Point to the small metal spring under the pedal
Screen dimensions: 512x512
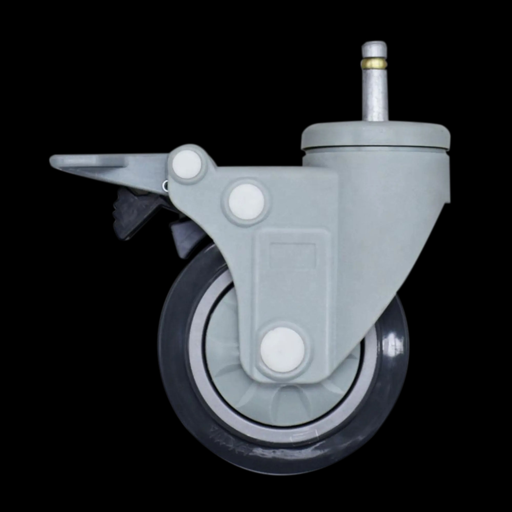[165, 185]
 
